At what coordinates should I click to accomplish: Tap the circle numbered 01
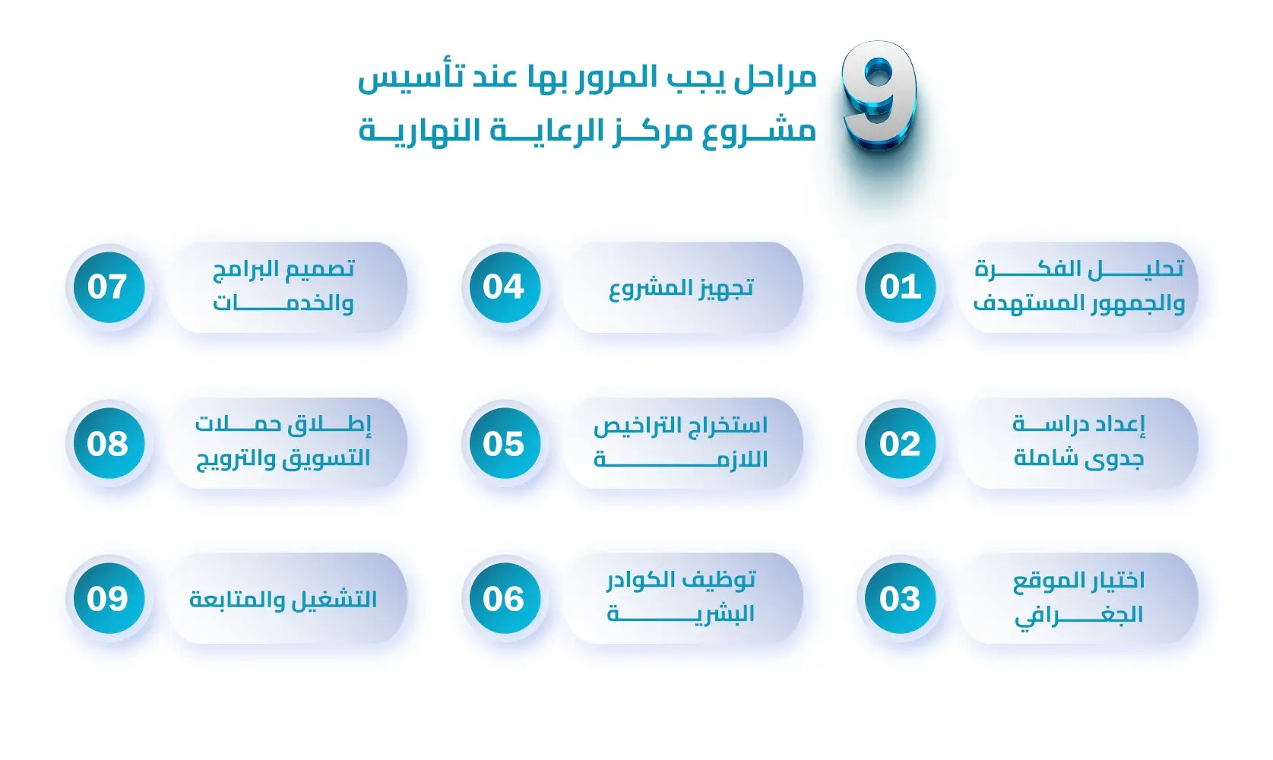[x=900, y=287]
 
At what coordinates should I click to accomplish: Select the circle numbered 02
[x=900, y=443]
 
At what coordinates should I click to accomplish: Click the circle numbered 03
[x=900, y=599]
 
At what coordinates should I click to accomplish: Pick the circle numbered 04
[x=503, y=287]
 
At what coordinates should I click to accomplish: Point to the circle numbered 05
[x=503, y=443]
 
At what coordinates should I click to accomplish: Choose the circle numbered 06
[x=503, y=599]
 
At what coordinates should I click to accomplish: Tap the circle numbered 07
[x=107, y=287]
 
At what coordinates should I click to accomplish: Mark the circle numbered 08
[x=107, y=443]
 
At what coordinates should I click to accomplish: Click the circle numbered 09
[x=107, y=599]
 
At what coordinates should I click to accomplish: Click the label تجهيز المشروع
[x=681, y=288]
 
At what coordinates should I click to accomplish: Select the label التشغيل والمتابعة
[x=283, y=600]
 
